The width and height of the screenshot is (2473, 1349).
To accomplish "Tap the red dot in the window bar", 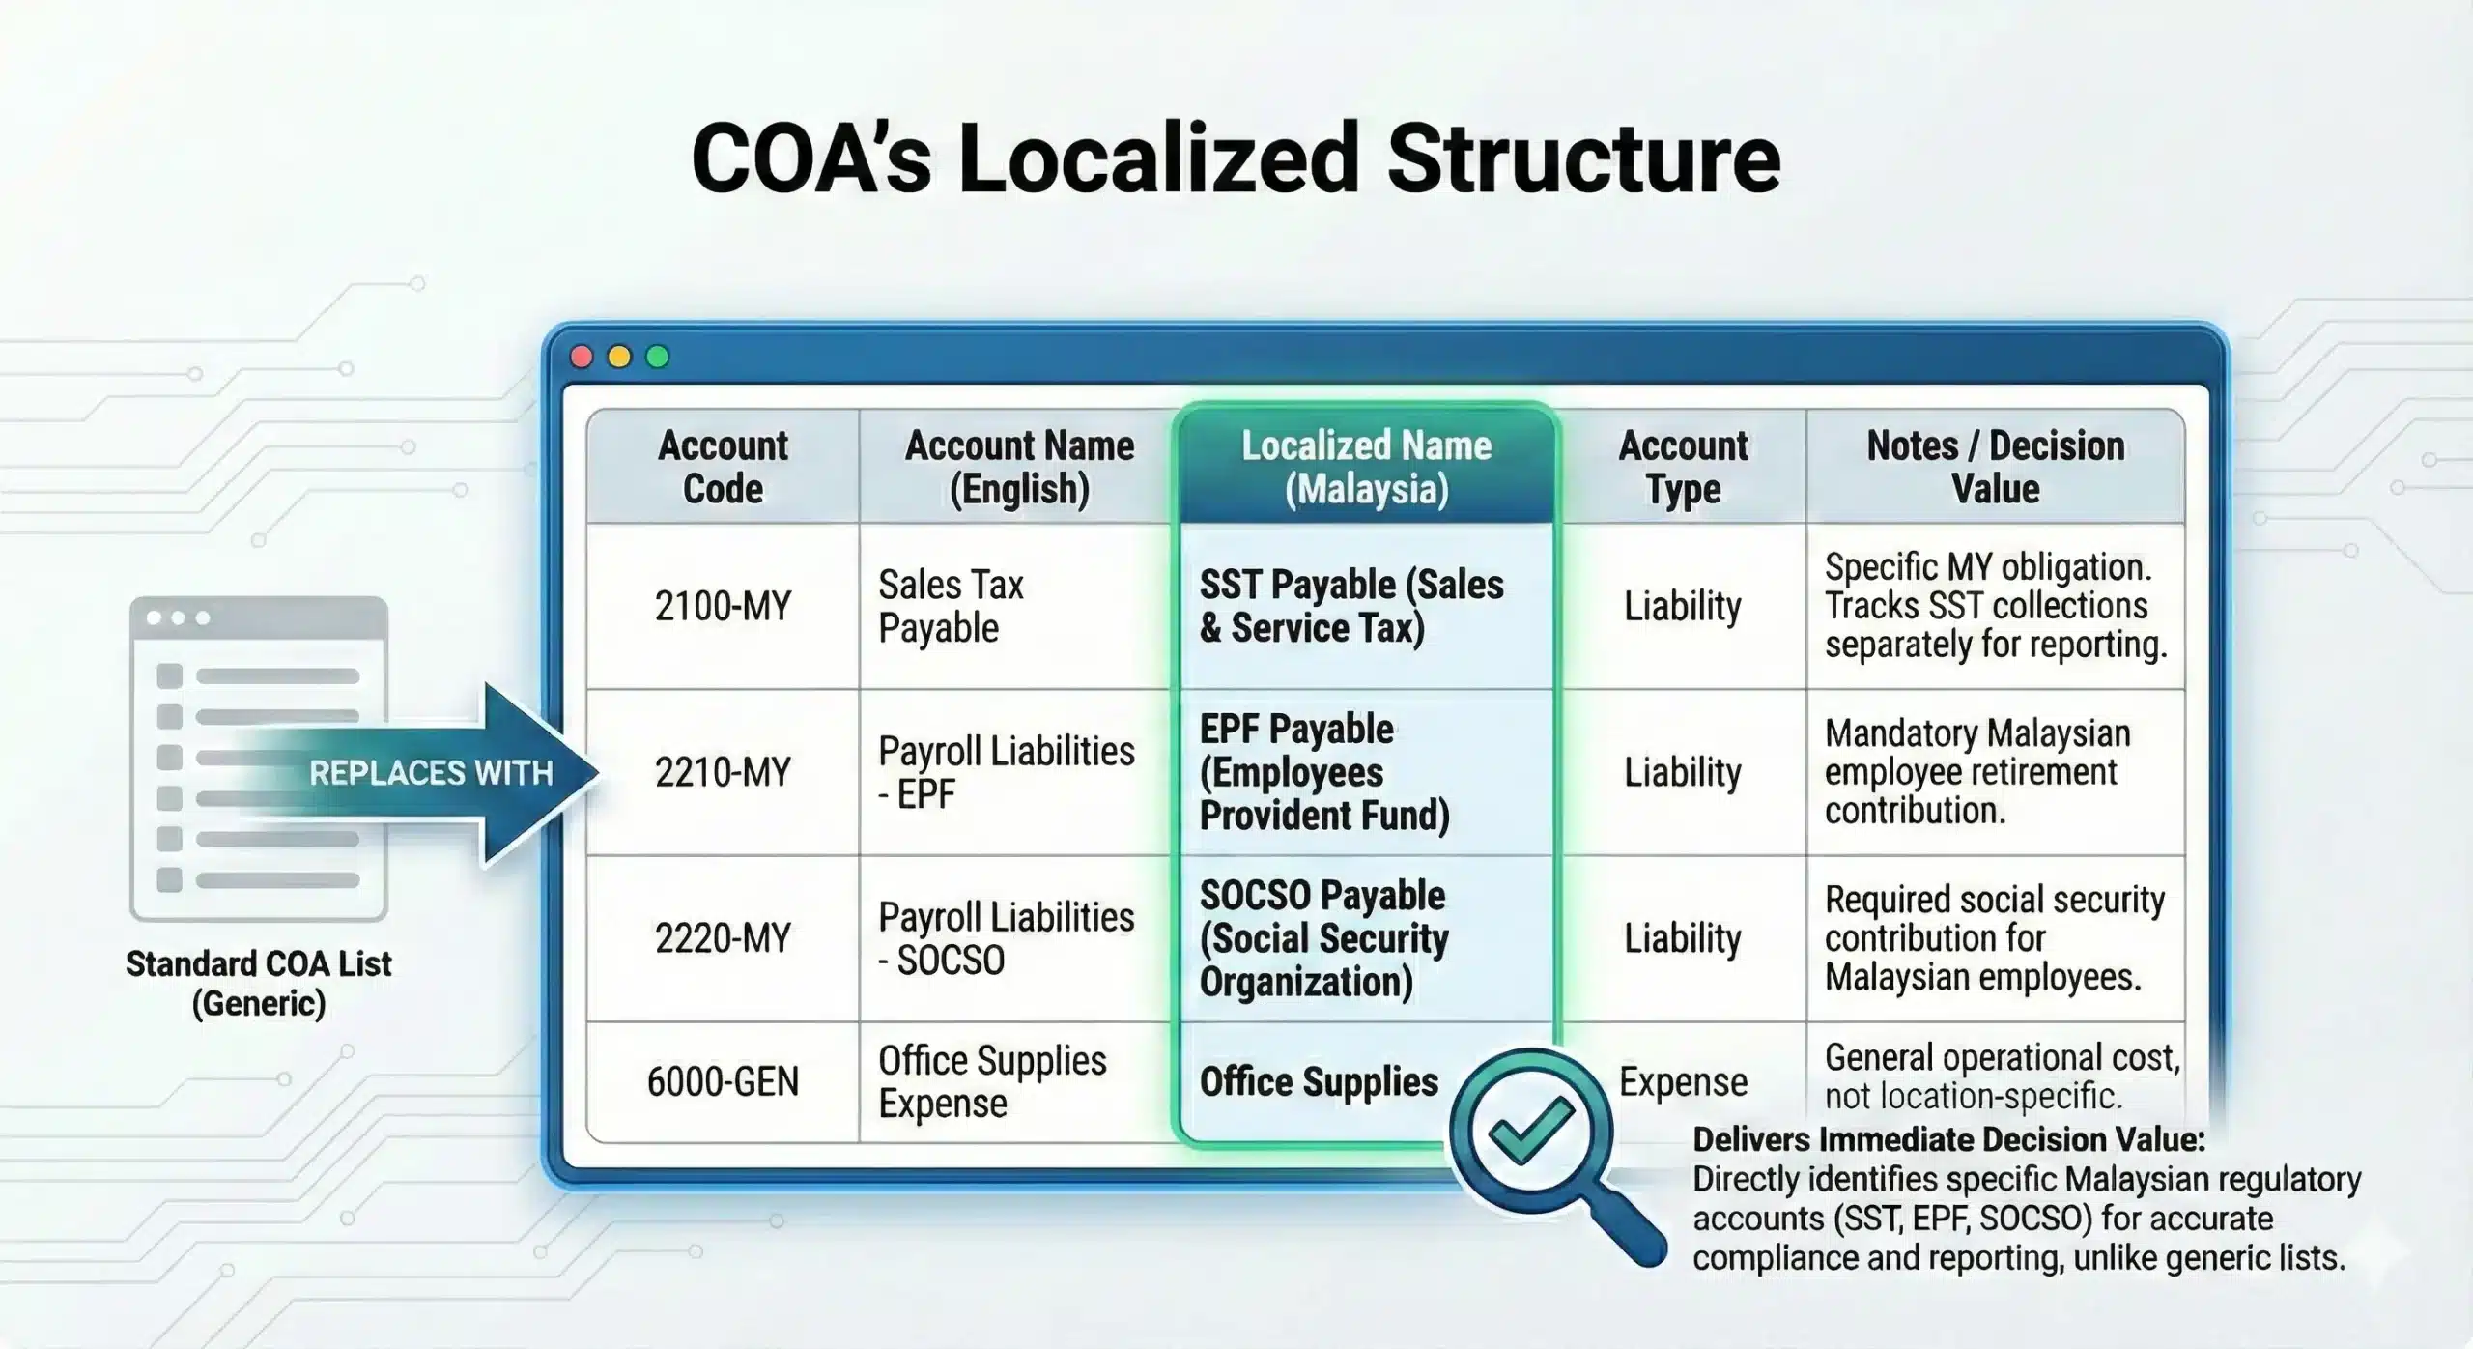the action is pyautogui.click(x=582, y=357).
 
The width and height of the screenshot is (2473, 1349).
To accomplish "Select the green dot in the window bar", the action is pyautogui.click(x=657, y=357).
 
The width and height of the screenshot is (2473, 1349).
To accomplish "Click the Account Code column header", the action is pyautogui.click(x=723, y=467).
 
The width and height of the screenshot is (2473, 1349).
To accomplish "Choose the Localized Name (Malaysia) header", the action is pyautogui.click(x=1366, y=467).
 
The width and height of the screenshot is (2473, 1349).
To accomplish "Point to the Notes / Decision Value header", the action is pyautogui.click(x=1996, y=467).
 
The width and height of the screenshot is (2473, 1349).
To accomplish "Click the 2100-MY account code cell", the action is pyautogui.click(x=723, y=606).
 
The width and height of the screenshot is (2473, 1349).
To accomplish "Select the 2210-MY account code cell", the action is pyautogui.click(x=723, y=772).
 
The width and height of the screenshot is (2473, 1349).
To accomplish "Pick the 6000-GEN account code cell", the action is pyautogui.click(x=723, y=1081).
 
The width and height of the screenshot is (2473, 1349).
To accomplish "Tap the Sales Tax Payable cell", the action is pyautogui.click(x=951, y=606).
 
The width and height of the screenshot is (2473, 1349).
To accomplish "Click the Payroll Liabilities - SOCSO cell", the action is pyautogui.click(x=1006, y=938).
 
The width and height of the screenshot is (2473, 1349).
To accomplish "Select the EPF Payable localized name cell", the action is pyautogui.click(x=1324, y=772).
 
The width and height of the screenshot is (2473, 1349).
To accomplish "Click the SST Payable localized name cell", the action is pyautogui.click(x=1351, y=606).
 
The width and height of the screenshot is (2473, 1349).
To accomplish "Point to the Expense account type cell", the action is pyautogui.click(x=1683, y=1081).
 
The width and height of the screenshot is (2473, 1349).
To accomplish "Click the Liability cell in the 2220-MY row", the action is pyautogui.click(x=1683, y=938).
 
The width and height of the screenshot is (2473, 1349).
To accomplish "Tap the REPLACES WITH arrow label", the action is pyautogui.click(x=431, y=773).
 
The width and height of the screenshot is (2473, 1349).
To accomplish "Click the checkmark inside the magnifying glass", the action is pyautogui.click(x=1531, y=1131).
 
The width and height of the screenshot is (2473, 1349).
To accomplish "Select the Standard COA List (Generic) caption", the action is pyautogui.click(x=259, y=983).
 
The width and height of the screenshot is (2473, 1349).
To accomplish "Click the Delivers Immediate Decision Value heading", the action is pyautogui.click(x=1948, y=1140).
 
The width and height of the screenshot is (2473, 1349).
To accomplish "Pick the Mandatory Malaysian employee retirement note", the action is pyautogui.click(x=1976, y=772).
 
